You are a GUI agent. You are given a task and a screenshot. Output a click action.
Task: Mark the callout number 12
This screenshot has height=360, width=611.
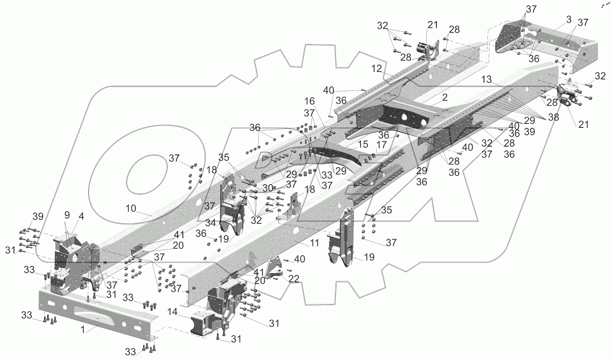[x=377, y=68]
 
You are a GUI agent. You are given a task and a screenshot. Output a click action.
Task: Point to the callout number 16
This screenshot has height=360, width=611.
[x=309, y=101]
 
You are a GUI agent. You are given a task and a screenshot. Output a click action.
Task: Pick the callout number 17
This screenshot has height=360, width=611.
[x=381, y=144]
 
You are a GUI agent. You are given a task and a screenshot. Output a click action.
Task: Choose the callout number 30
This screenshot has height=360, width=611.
[x=268, y=187]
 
